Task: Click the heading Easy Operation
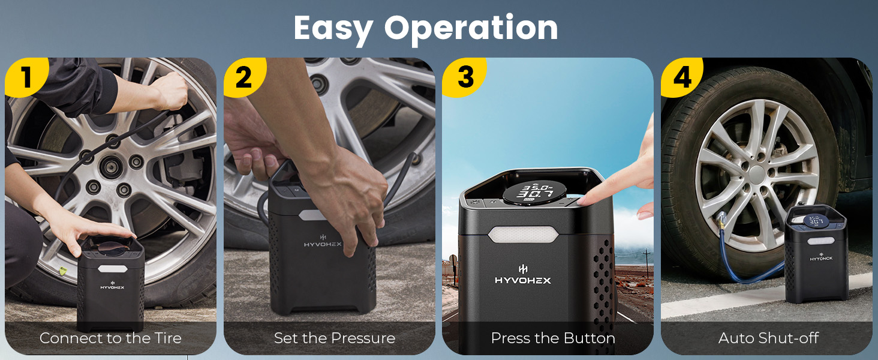[426, 28]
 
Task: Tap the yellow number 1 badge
[25, 77]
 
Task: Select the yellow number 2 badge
[243, 77]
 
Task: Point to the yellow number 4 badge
[682, 77]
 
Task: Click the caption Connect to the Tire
[110, 338]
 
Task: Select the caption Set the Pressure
[335, 338]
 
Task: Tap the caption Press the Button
[553, 338]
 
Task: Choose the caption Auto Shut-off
[768, 338]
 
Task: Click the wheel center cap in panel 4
[757, 175]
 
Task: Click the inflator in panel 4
[816, 252]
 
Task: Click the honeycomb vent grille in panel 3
[602, 282]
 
